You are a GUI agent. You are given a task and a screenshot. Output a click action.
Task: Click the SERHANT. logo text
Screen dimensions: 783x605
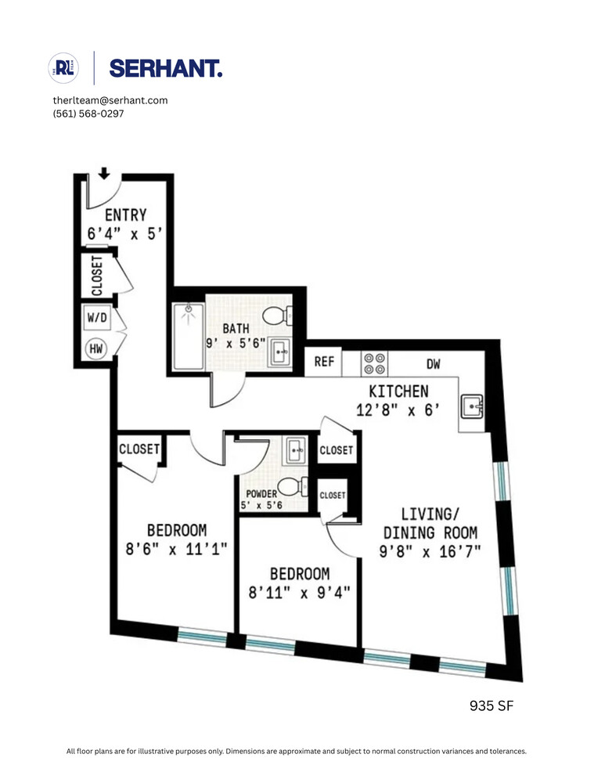[x=165, y=69]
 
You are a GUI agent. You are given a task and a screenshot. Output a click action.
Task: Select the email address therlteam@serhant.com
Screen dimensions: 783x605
[x=110, y=100]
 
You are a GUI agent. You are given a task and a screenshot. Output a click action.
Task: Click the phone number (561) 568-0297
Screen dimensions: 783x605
[x=88, y=114]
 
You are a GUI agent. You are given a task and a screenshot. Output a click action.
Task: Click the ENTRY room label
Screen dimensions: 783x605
[x=125, y=215]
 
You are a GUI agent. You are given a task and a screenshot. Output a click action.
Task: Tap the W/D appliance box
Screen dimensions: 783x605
[x=96, y=318]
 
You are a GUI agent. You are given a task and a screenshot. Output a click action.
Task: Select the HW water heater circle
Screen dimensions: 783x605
[x=96, y=349]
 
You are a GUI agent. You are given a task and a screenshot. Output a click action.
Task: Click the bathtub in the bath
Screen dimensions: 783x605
[x=188, y=336]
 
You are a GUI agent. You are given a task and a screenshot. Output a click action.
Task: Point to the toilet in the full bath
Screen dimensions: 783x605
[x=275, y=316]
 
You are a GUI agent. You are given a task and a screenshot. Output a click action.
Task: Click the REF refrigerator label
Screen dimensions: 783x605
[x=324, y=362]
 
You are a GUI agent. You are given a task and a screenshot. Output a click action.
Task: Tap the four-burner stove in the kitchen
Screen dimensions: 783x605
[x=375, y=363]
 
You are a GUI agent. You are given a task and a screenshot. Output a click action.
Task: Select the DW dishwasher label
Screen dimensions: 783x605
[x=434, y=363]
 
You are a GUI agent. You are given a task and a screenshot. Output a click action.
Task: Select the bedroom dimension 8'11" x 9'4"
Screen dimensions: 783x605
[x=300, y=593]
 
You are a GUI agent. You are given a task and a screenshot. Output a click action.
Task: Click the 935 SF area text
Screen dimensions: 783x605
[x=491, y=706]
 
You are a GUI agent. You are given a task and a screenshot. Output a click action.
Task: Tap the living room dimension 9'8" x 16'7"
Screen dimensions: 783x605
[x=430, y=550]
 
